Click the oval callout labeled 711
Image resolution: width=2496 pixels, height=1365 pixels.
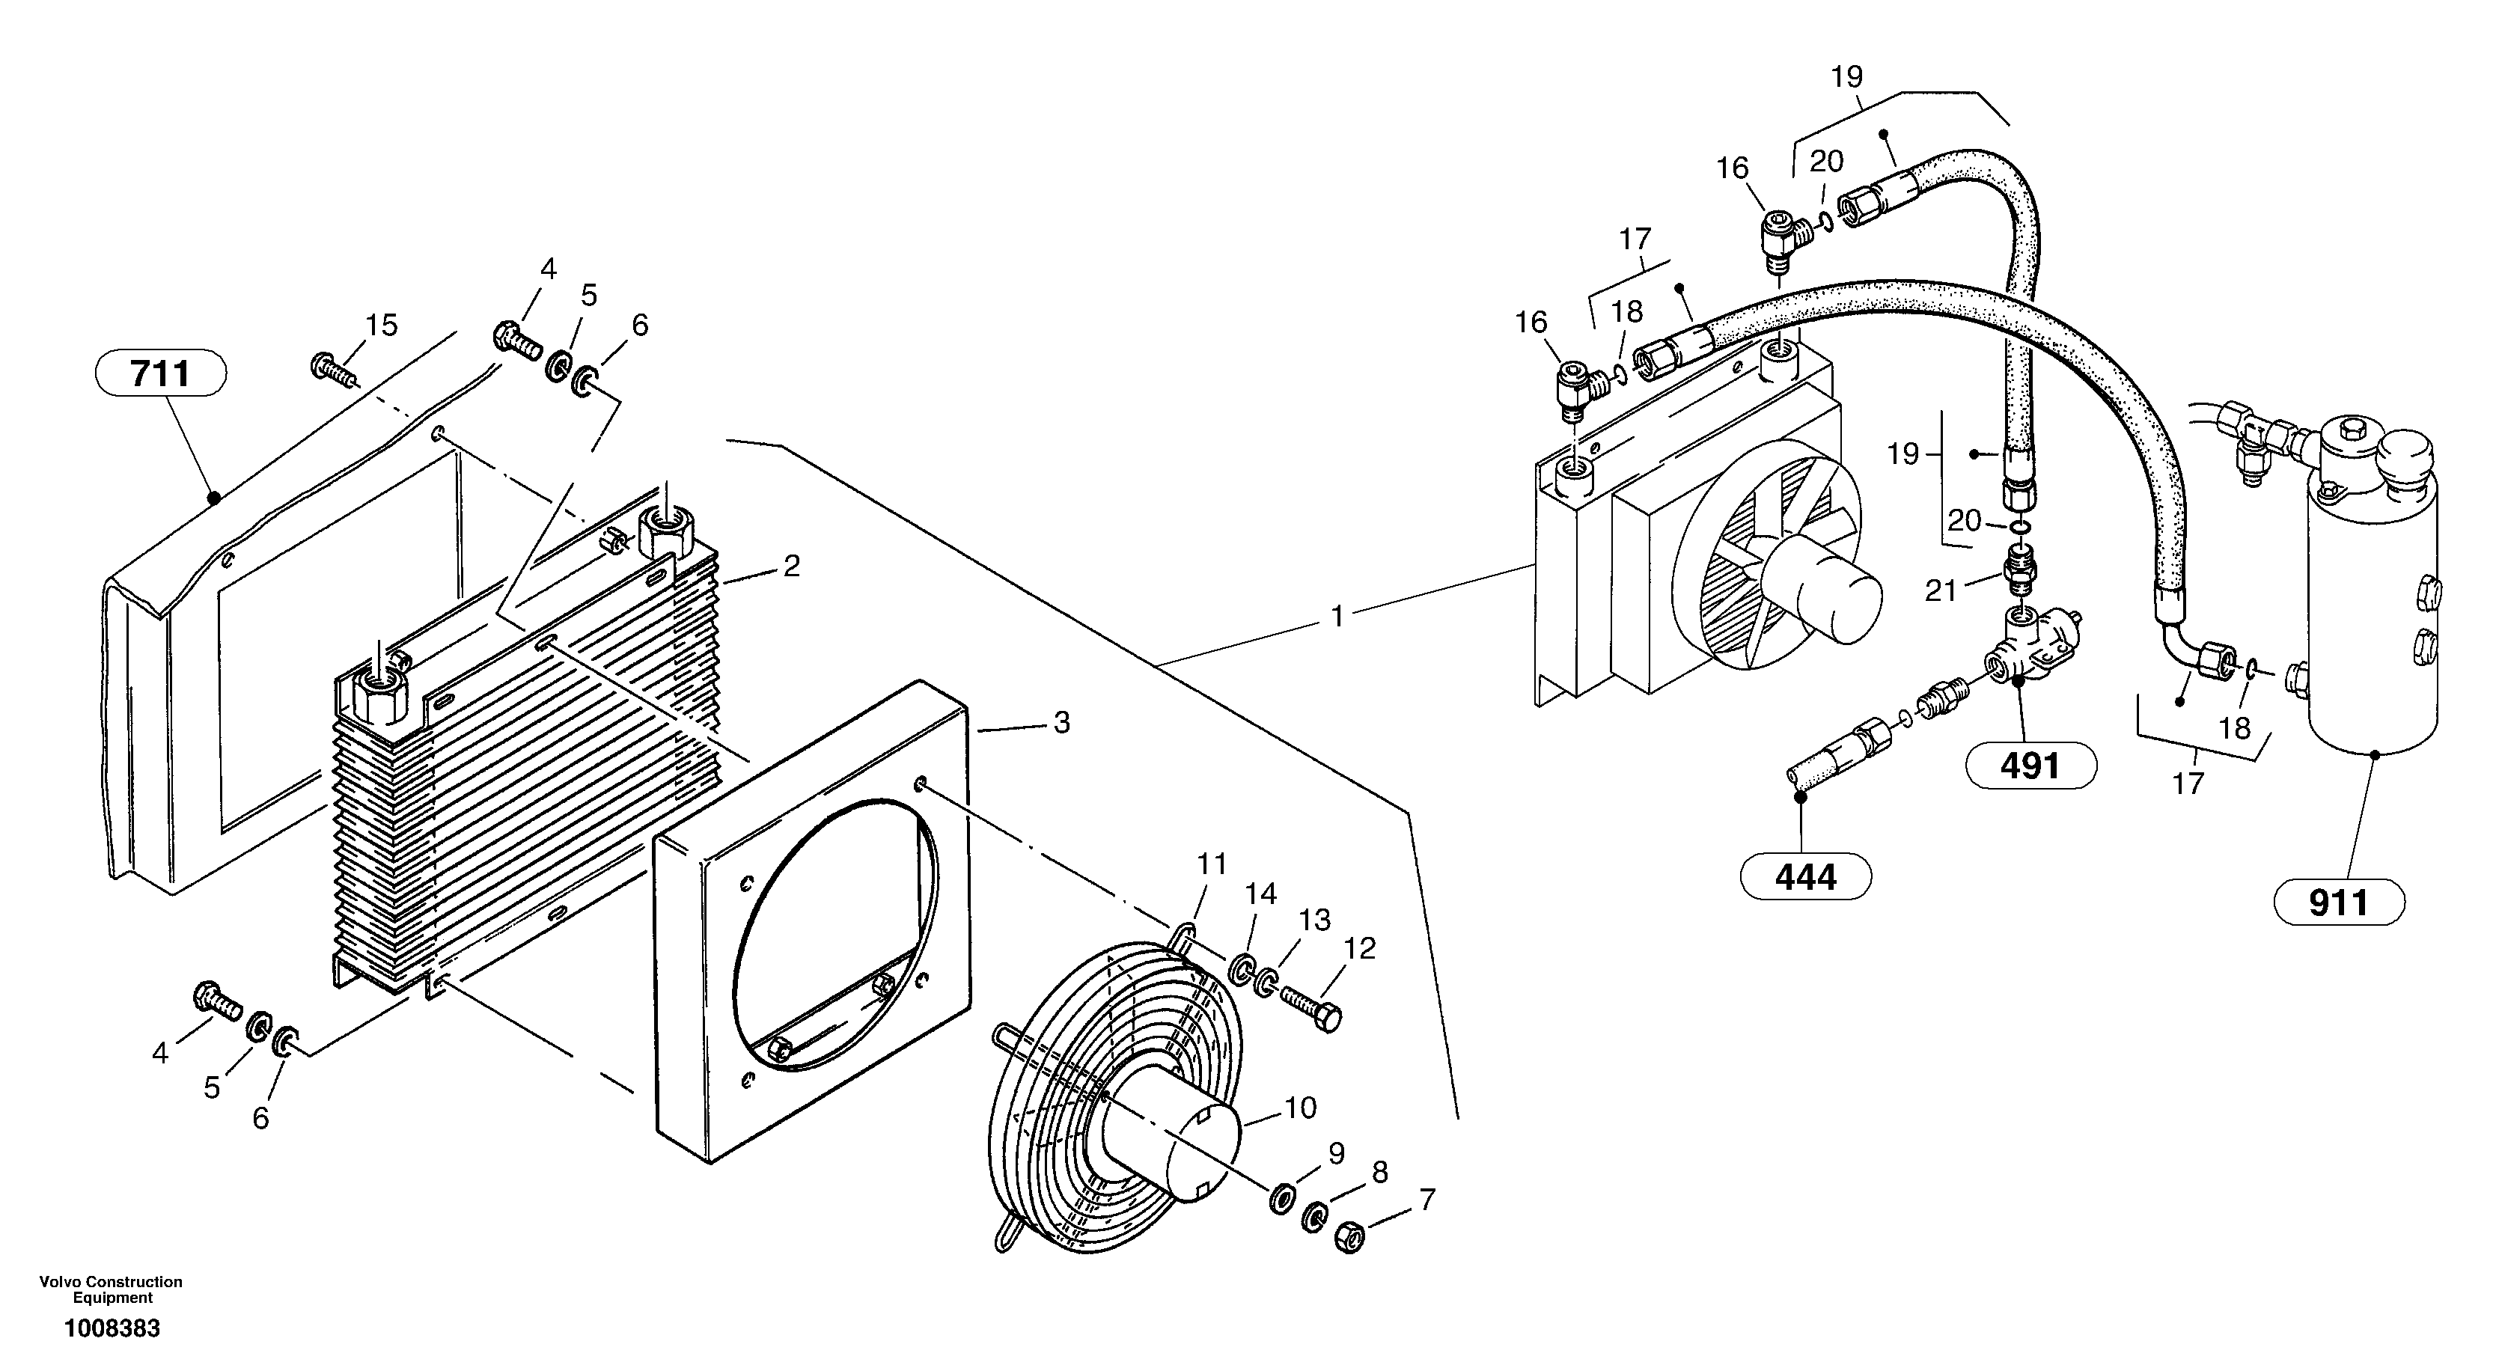point(161,373)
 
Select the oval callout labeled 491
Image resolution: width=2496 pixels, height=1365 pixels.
point(2030,767)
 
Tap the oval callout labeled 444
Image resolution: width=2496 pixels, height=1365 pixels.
point(1805,878)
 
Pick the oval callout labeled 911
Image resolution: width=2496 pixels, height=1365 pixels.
point(2338,903)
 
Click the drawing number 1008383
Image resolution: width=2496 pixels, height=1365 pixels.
point(112,1328)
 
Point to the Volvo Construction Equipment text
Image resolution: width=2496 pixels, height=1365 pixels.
point(112,1289)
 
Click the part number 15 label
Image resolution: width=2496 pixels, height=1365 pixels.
point(382,326)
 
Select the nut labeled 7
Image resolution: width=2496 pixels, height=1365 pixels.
point(1349,1237)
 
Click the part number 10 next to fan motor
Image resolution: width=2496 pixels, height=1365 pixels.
point(1300,1108)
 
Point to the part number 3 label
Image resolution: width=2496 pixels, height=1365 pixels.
point(1061,723)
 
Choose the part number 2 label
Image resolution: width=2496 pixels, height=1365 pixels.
point(792,567)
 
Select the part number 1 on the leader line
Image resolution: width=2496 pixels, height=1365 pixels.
point(1337,616)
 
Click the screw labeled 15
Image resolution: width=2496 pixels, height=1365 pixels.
point(332,369)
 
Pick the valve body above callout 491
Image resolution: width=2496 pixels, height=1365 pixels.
point(2025,649)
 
